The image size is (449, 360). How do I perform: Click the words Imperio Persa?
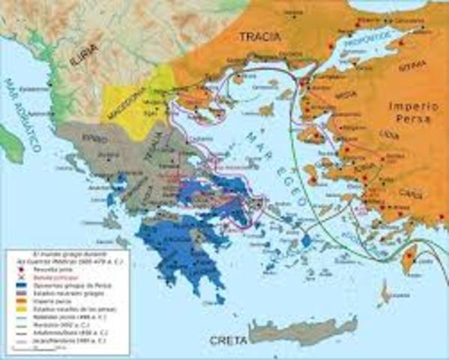(x=413, y=112)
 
